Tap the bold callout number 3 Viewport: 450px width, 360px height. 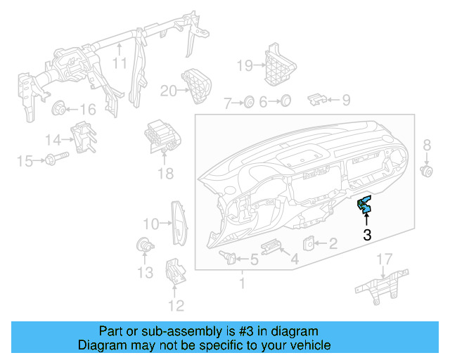[367, 236]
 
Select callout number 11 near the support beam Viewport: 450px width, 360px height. [120, 63]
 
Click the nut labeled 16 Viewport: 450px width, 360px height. [60, 108]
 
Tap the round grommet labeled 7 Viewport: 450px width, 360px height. [248, 103]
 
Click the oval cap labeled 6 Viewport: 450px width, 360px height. [285, 102]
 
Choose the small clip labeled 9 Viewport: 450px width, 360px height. [319, 99]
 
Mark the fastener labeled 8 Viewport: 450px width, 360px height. [425, 170]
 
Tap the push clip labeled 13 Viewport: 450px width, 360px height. [143, 245]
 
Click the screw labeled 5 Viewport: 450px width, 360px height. [228, 256]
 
